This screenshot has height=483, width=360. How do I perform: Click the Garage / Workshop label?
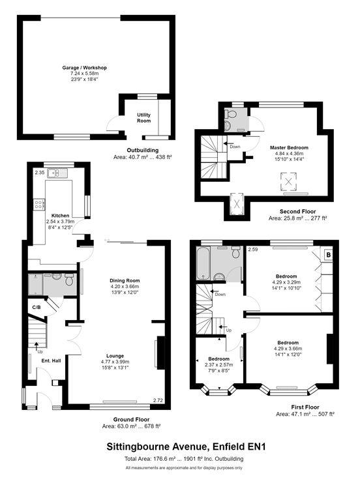pos(84,68)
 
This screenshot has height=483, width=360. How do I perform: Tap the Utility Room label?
pos(144,118)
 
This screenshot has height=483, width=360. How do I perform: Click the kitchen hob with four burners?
pos(39,205)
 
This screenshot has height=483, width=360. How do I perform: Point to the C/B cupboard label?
pos(37,307)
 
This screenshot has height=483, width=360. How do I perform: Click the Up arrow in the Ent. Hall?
pos(37,345)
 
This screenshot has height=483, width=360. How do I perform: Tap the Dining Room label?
pos(125,281)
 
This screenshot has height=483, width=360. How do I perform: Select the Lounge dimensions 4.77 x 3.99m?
pos(115,362)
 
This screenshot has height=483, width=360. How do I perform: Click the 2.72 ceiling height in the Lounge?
pos(158,400)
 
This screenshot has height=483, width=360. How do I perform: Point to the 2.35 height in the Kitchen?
pos(40,173)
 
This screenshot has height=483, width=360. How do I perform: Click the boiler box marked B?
pos(328,255)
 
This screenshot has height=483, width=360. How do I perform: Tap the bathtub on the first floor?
pos(203,263)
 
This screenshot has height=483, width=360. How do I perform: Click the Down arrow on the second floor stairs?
pos(228,143)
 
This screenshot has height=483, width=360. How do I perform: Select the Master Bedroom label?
pos(289,147)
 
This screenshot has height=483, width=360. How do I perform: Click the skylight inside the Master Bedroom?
pos(288,182)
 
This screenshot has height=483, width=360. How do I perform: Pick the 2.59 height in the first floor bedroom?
pos(253,249)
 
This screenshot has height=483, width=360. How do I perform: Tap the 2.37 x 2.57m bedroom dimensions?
pos(219,365)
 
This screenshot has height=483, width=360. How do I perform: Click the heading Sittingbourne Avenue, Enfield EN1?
pos(186,446)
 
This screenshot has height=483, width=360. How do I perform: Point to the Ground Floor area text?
pos(131,426)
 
